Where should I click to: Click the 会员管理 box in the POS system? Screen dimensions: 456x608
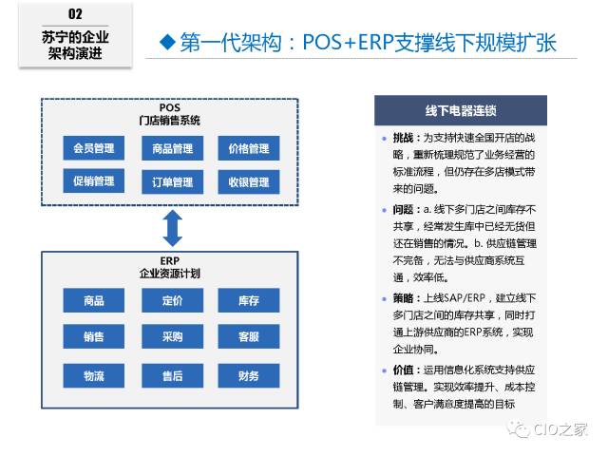pyautogui.click(x=94, y=149)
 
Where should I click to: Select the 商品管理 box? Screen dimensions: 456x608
pyautogui.click(x=172, y=149)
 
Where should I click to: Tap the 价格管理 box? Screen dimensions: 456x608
pyautogui.click(x=249, y=149)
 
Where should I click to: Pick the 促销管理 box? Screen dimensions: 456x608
pyautogui.click(x=94, y=181)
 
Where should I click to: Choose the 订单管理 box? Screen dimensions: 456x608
pyautogui.click(x=172, y=181)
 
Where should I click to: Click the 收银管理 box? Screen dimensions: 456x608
pyautogui.click(x=249, y=181)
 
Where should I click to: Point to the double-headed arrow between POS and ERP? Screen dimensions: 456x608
pyautogui.click(x=172, y=227)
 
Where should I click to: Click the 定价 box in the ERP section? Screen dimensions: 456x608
pyautogui.click(x=172, y=301)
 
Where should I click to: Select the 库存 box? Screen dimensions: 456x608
pyautogui.click(x=249, y=301)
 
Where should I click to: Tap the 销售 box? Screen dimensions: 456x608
pyautogui.click(x=94, y=337)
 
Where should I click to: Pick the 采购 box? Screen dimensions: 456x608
pyautogui.click(x=172, y=337)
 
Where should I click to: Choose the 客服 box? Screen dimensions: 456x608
pyautogui.click(x=249, y=337)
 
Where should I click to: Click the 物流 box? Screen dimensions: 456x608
pyautogui.click(x=94, y=376)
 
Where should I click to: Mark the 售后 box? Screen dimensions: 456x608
pyautogui.click(x=172, y=376)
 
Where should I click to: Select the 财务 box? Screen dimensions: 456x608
pyautogui.click(x=249, y=376)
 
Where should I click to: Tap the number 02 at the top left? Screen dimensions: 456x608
pyautogui.click(x=75, y=14)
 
